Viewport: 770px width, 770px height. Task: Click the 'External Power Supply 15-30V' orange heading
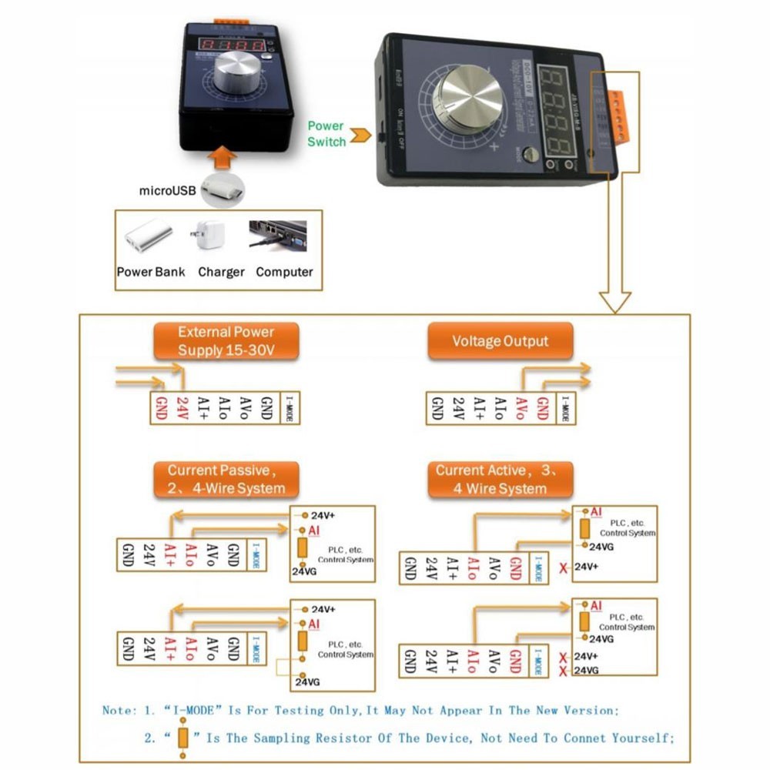coord(226,341)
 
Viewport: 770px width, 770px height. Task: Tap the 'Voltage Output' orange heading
coord(500,341)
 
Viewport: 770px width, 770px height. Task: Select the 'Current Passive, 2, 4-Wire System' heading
coord(226,479)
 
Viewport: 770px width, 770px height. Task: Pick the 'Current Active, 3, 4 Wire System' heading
coord(501,479)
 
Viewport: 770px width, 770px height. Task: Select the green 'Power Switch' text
coord(326,133)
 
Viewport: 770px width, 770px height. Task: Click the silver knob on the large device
coord(469,100)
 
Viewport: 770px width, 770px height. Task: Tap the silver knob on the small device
coord(233,73)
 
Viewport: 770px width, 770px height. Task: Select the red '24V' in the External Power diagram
coord(182,407)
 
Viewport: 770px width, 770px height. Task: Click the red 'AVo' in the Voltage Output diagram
coord(521,407)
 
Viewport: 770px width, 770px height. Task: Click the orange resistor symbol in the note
coord(182,737)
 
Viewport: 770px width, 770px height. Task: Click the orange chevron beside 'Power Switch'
coord(359,136)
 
